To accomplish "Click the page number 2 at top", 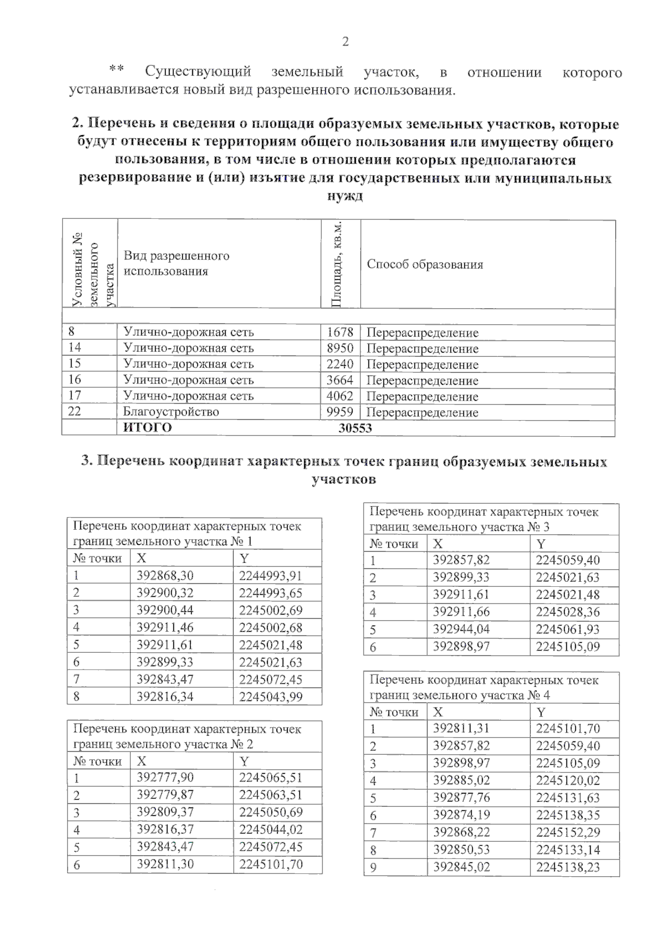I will (345, 42).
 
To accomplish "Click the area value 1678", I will (340, 332).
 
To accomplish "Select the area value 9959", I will (340, 412).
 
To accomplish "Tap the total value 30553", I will (355, 428).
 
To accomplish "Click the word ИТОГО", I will (147, 428).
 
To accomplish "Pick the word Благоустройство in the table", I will (171, 412).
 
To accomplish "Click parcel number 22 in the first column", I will (74, 411).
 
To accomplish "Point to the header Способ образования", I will (425, 264).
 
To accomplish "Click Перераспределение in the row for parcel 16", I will (422, 380).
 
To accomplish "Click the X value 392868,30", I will (165, 575).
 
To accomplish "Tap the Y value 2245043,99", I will (271, 697).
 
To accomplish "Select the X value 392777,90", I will (165, 778).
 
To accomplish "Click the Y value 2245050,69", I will (271, 812).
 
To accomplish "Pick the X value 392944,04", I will (461, 629).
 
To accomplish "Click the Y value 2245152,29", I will (568, 832).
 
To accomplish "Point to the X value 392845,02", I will (461, 867).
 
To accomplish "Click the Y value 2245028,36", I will (568, 612).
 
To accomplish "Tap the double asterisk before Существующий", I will (116, 70).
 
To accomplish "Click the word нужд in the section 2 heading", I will (345, 197).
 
